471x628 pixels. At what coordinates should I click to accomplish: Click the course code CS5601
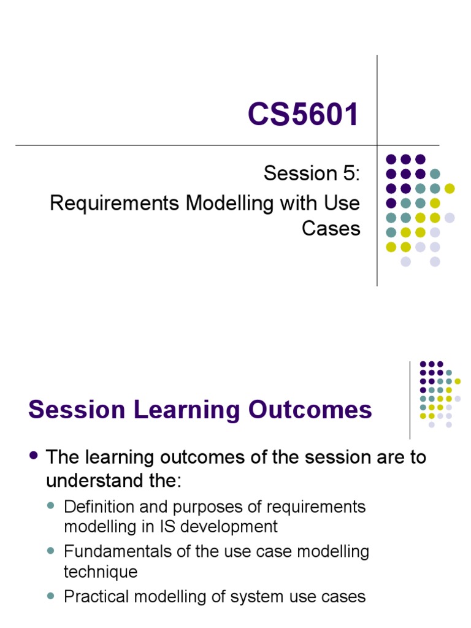click(x=303, y=115)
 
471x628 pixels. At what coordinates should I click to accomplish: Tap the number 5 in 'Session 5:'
click(x=348, y=174)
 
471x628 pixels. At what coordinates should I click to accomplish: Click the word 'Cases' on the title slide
click(x=331, y=228)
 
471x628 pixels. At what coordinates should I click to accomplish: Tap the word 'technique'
click(x=101, y=572)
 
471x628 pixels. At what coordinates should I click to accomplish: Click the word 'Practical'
click(x=96, y=596)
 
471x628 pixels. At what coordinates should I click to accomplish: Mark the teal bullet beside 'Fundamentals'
click(x=52, y=551)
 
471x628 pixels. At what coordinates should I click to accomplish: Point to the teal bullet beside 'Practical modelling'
click(x=52, y=595)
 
